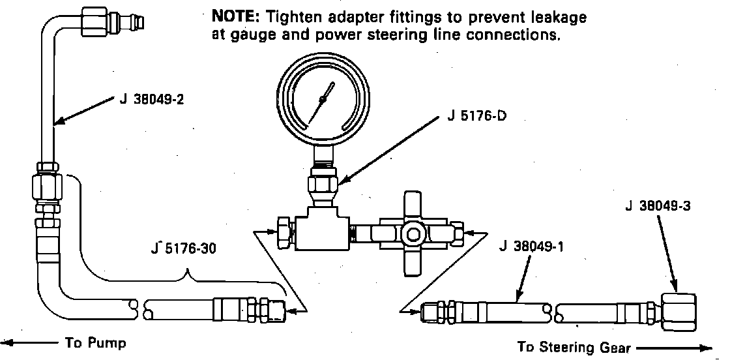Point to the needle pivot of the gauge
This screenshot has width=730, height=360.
tap(322, 99)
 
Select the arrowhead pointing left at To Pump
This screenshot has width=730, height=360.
tap(8, 342)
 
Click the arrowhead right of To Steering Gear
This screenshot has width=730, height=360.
tap(707, 347)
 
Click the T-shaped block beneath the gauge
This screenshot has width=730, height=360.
tap(321, 228)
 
